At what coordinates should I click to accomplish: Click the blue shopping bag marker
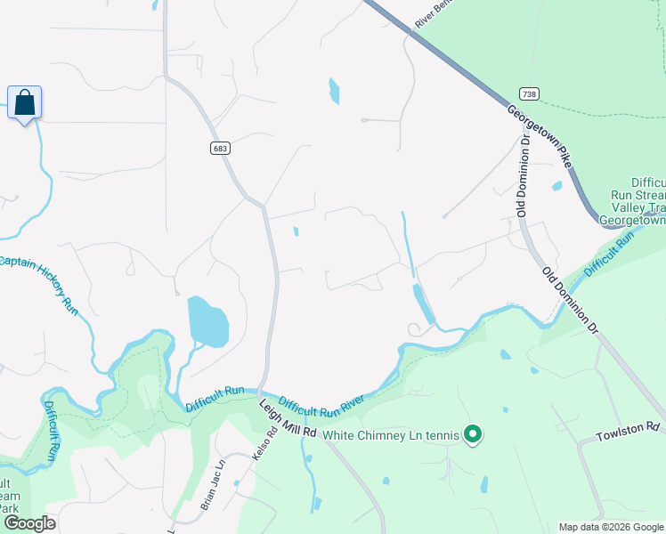pyautogui.click(x=24, y=103)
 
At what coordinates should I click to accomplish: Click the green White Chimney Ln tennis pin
pyautogui.click(x=474, y=434)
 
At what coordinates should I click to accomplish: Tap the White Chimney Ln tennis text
pyautogui.click(x=391, y=435)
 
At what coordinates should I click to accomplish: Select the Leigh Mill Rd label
pyautogui.click(x=288, y=418)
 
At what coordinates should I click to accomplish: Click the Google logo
pyautogui.click(x=28, y=523)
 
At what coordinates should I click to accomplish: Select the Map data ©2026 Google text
pyautogui.click(x=611, y=527)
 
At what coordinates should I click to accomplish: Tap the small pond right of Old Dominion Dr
pyautogui.click(x=556, y=186)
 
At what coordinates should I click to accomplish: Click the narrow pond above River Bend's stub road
pyautogui.click(x=334, y=91)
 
